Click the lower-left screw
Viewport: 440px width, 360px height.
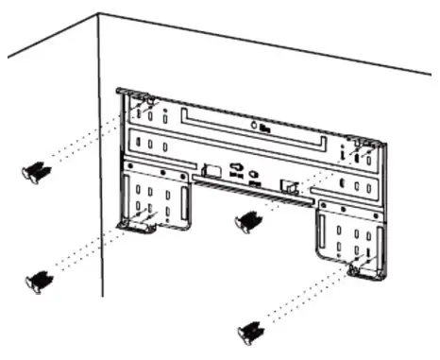pos(41,280)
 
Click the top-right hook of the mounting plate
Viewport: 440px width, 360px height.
pos(362,140)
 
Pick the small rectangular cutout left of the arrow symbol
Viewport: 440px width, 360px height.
pos(211,171)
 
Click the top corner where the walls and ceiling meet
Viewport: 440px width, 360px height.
pos(99,14)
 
